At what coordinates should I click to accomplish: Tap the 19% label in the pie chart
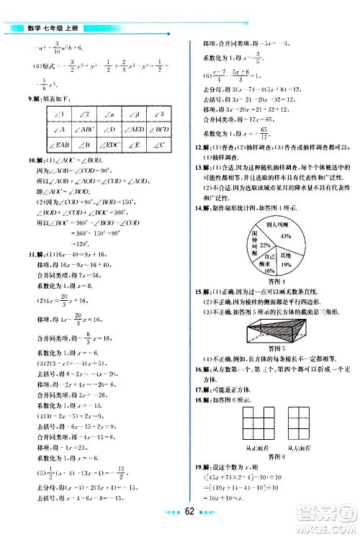[286, 265]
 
